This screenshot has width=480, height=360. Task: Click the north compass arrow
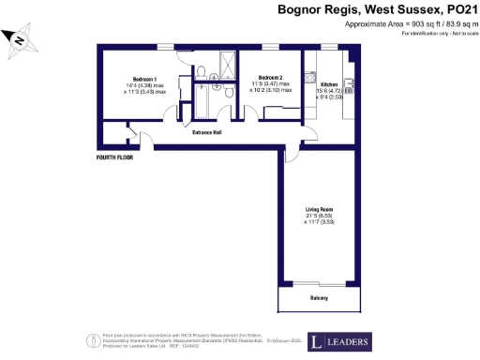point(16,40)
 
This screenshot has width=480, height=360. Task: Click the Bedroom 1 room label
point(143,78)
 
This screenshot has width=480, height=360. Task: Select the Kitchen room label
point(315,83)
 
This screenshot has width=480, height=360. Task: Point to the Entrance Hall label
point(207,132)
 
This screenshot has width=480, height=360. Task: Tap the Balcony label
point(320,298)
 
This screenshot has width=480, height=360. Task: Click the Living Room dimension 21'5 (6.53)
point(319,216)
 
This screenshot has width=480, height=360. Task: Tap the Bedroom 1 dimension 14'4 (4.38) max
point(144,86)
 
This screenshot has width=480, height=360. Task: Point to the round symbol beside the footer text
point(92,339)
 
